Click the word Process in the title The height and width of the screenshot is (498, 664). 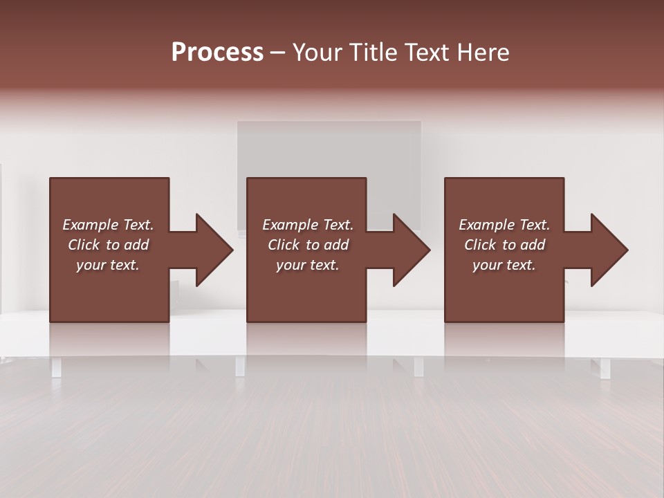217,53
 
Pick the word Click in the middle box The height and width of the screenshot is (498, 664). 284,245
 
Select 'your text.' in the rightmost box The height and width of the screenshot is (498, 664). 504,265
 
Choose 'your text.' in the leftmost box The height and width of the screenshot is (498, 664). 108,265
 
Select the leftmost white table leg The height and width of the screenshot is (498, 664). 56,367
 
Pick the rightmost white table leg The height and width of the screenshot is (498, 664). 605,368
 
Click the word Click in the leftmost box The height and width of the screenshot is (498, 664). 84,245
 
